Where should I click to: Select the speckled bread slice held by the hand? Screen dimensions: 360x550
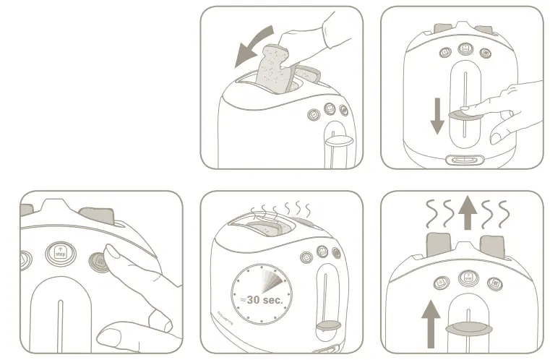tap(272, 71)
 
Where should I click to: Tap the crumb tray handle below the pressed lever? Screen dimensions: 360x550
tap(463, 160)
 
